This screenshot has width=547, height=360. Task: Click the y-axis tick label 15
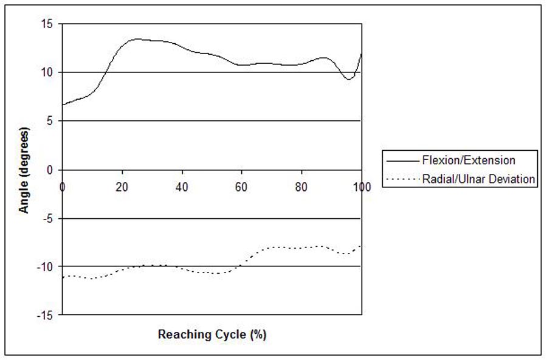click(47, 24)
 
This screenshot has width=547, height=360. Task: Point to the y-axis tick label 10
click(47, 73)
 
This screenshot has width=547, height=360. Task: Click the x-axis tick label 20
click(122, 185)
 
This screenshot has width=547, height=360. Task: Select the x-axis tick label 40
click(182, 185)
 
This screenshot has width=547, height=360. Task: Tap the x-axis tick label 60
click(242, 185)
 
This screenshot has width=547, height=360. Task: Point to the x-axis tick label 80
click(302, 185)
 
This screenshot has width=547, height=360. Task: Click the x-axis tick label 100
click(362, 185)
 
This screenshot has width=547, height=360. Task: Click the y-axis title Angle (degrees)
click(25, 170)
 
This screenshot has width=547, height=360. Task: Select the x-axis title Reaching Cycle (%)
click(212, 334)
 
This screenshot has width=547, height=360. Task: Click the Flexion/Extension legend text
click(469, 161)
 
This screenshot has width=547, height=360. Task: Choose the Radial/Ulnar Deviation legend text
click(478, 179)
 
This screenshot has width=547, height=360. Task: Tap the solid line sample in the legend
click(402, 161)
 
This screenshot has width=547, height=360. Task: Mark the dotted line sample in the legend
click(402, 179)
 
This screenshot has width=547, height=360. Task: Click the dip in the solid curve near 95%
click(348, 79)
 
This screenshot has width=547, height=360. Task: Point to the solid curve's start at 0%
click(63, 105)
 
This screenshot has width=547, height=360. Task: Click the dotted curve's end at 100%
click(361, 245)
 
